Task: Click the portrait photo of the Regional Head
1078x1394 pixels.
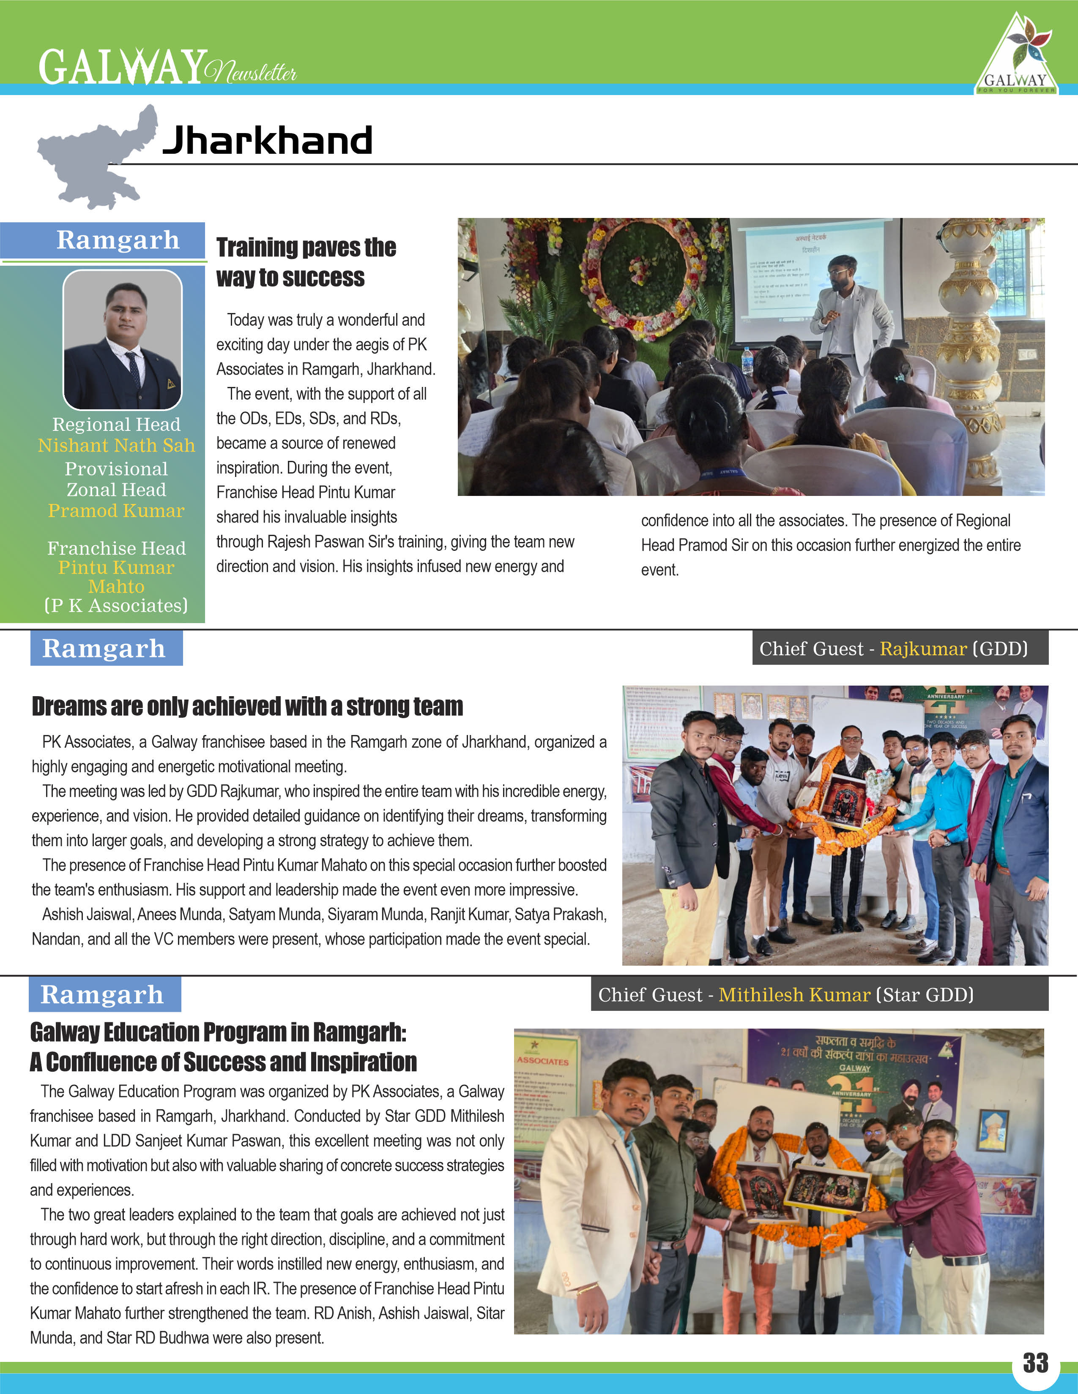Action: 122,340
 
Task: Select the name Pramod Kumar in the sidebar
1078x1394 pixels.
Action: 116,511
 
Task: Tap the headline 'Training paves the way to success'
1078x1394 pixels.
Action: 306,262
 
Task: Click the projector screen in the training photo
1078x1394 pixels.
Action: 811,275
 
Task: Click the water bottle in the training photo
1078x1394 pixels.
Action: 747,361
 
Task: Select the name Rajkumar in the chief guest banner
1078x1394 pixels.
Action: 923,648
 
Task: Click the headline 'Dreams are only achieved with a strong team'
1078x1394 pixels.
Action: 247,707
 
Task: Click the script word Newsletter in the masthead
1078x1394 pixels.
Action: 251,71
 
